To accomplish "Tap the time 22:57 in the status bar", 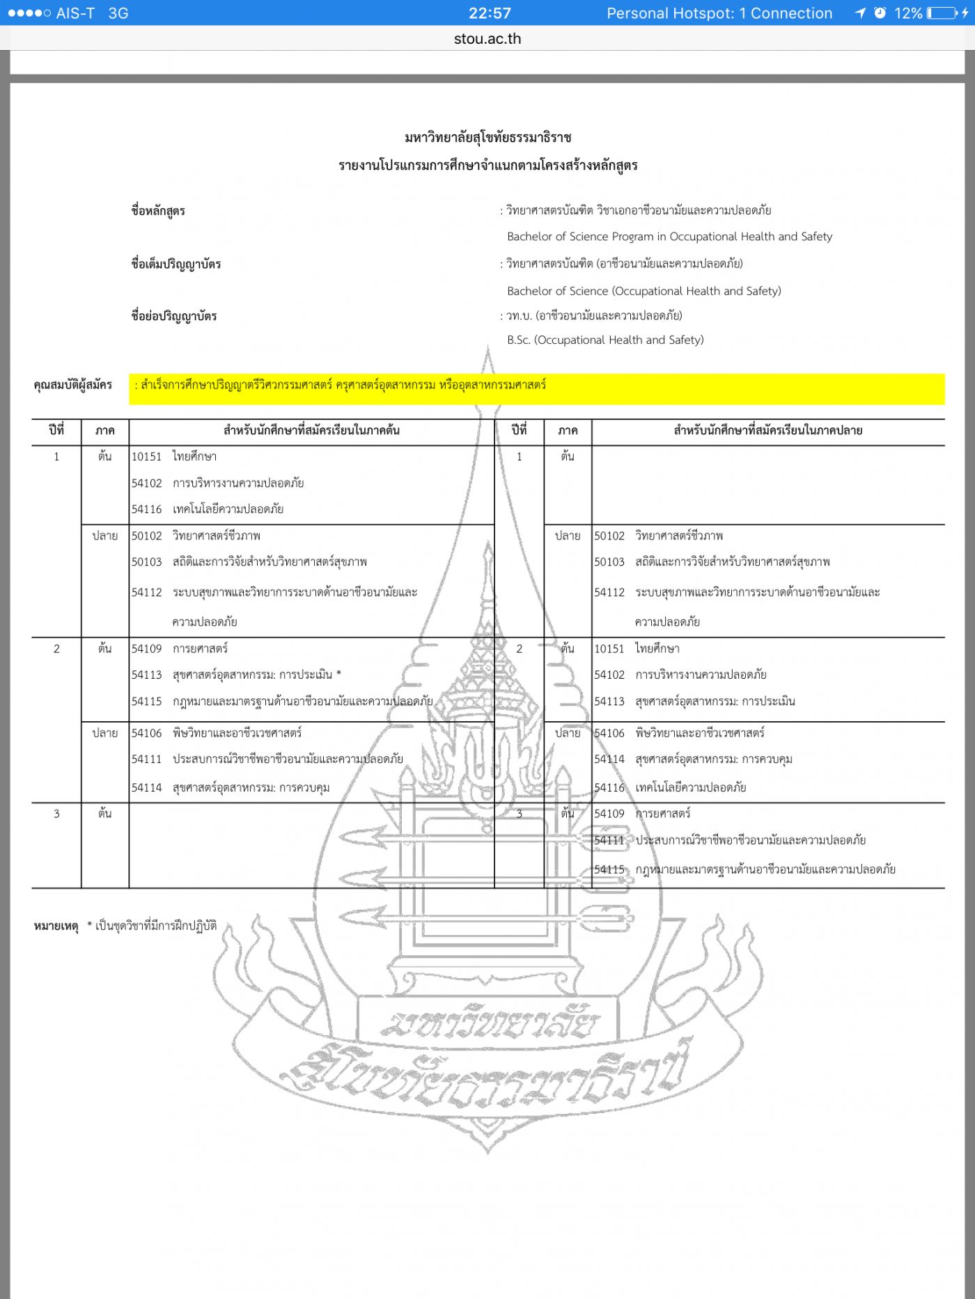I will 490,13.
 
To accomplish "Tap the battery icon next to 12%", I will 941,13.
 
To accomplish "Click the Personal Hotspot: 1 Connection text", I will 719,13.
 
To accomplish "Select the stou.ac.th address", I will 487,39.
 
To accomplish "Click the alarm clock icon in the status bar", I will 880,13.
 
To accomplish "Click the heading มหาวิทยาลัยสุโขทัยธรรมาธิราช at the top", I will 487,138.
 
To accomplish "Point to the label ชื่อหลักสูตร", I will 158,211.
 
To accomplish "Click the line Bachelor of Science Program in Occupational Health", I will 669,237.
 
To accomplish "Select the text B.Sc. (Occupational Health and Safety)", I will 605,340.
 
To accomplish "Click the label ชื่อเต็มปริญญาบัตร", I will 176,264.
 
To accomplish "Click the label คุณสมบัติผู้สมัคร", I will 72,385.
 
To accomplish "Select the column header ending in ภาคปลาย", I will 768,430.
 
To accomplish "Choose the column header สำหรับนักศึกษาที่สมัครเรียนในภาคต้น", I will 311,430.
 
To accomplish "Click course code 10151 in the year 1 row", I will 146,457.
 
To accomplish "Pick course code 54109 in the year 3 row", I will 609,813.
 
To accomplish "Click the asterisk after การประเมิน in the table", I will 338,675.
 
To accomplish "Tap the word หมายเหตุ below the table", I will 56,926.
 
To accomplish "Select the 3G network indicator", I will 118,13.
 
